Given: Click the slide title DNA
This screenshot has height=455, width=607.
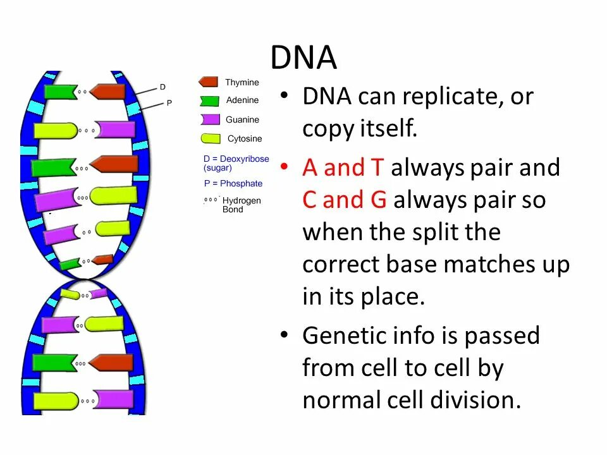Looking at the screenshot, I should (x=303, y=58).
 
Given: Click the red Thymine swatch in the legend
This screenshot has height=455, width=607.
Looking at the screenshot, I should (x=209, y=82).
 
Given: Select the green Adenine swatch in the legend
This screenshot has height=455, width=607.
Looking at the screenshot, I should (x=209, y=100).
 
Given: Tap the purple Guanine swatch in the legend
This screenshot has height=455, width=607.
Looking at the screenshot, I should (x=210, y=119).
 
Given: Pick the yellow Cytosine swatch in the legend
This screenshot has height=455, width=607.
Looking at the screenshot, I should (x=210, y=138).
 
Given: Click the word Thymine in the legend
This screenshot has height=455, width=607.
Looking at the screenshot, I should (x=242, y=82).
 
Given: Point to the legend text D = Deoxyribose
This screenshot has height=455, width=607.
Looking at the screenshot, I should (x=236, y=159).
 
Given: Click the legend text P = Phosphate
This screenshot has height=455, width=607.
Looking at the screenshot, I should (x=233, y=183).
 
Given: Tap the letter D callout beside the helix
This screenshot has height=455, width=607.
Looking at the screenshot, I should (x=162, y=87).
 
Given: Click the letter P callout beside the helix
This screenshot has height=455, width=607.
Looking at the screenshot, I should (x=169, y=102).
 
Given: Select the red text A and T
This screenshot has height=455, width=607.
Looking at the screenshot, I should (x=343, y=167).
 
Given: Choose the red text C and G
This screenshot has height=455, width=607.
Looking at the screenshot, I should (x=344, y=200).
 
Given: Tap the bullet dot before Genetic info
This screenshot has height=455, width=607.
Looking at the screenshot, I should (x=285, y=334).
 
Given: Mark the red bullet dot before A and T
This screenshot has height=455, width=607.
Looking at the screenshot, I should (x=285, y=166).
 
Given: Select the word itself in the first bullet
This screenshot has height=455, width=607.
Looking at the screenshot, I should (x=387, y=130).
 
